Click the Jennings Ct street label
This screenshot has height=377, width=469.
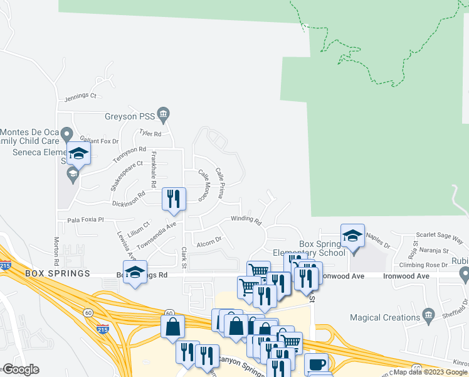(x=80, y=97)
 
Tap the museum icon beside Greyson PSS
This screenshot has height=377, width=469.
(x=164, y=114)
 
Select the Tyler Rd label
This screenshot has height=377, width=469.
(x=150, y=134)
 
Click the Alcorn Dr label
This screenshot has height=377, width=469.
(x=209, y=240)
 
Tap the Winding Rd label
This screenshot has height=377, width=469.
(x=245, y=221)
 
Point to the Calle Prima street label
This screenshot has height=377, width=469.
(x=219, y=183)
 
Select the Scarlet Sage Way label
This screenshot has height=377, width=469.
(x=442, y=240)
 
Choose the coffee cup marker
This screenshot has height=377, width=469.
(x=316, y=364)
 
